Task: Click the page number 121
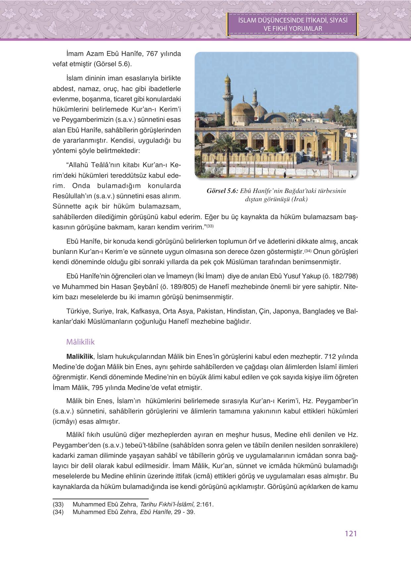point(350,533)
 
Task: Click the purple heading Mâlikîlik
point(80,342)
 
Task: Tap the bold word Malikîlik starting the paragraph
point(80,356)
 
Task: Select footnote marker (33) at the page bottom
point(58,504)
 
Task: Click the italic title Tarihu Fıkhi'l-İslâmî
point(167,504)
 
